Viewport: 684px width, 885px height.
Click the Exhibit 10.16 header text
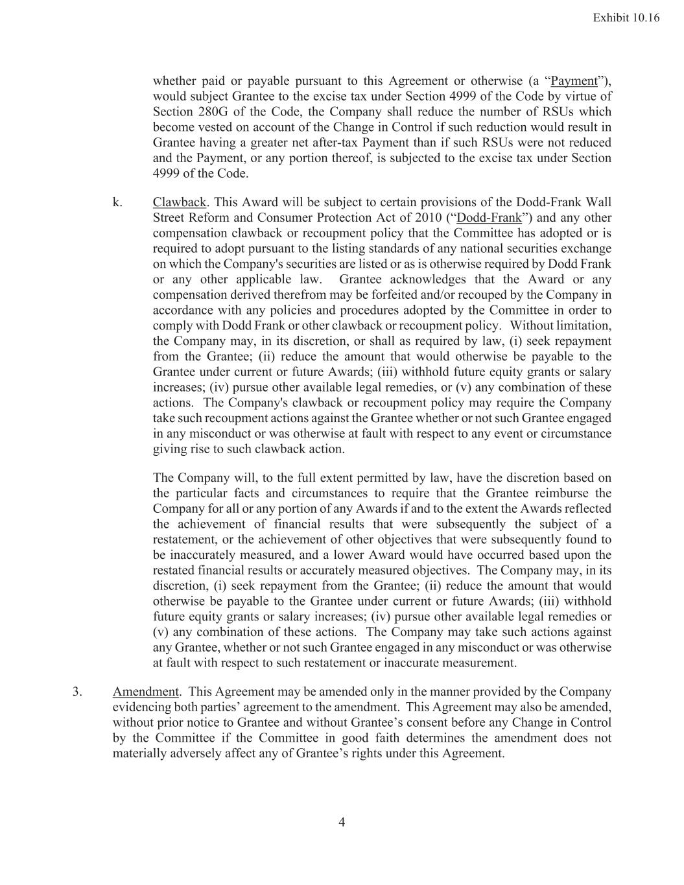click(x=626, y=18)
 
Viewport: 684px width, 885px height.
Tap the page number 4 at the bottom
click(x=342, y=823)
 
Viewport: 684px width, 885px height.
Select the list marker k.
click(x=117, y=202)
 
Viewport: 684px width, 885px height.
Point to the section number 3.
click(x=77, y=692)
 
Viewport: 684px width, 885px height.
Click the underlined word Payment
click(x=574, y=81)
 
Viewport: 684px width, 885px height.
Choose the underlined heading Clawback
click(x=179, y=202)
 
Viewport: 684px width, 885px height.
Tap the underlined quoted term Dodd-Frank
click(x=489, y=218)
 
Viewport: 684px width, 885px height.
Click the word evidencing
click(x=141, y=707)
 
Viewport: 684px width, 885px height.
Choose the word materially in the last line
click(x=139, y=753)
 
